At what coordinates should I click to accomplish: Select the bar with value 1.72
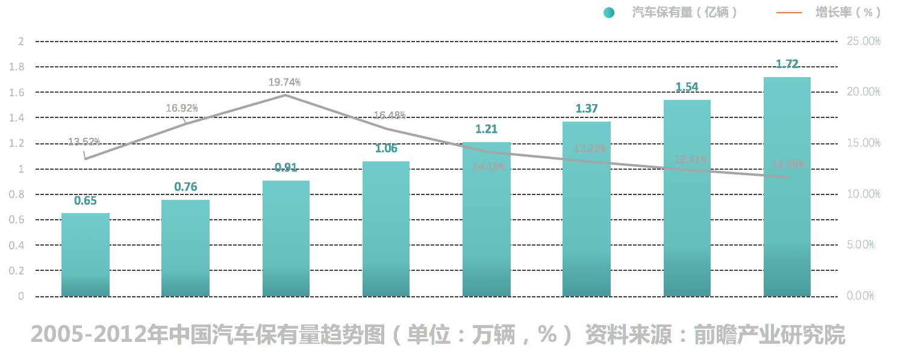coord(787,187)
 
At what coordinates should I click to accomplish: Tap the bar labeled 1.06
coord(386,229)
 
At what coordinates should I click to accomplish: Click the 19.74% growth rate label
coord(284,82)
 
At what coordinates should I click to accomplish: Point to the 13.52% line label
coord(84,142)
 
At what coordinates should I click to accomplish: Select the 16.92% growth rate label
coord(182,108)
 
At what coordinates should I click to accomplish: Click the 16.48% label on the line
coord(390,115)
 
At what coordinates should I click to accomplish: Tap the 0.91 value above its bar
coord(286,167)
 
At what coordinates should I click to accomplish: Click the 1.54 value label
coord(687,87)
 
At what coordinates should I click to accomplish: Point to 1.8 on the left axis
coord(17,67)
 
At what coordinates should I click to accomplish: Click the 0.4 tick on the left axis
coord(17,246)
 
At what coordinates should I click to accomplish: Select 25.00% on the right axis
coord(864,41)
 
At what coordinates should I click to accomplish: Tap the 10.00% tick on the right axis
coord(864,194)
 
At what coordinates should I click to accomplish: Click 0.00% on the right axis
coord(861,296)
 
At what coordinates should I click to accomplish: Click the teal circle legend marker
coord(609,13)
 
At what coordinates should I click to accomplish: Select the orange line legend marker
coord(789,13)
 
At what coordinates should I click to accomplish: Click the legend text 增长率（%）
coord(847,13)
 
